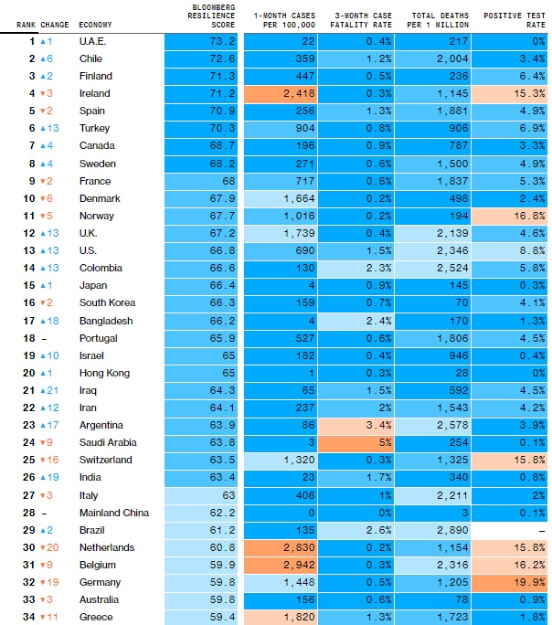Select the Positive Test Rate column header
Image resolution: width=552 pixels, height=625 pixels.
[515, 20]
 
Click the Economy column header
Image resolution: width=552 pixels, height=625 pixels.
[96, 24]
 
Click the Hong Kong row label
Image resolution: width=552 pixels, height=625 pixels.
[104, 373]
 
